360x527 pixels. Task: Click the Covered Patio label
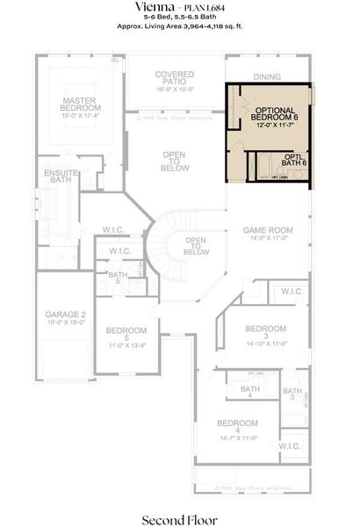pos(175,79)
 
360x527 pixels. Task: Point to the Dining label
pos(267,76)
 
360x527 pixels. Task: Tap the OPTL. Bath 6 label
pos(294,159)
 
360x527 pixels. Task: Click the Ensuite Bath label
pos(60,175)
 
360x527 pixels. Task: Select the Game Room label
pos(267,230)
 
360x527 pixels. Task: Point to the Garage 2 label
pos(65,314)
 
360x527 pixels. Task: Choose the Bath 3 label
pos(292,394)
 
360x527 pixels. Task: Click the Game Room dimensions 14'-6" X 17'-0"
pos(267,238)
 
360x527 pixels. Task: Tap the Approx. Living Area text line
pos(179,27)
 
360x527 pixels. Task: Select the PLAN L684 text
pos(204,7)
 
